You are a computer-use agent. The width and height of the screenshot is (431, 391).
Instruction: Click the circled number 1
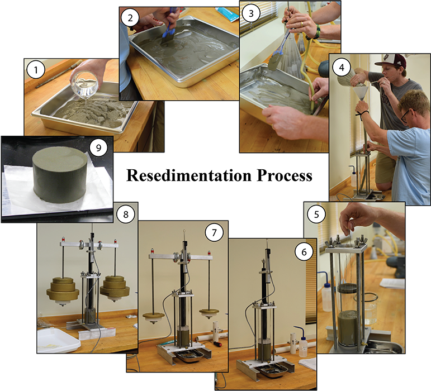(36, 70)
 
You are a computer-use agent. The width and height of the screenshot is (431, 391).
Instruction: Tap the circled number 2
(130, 18)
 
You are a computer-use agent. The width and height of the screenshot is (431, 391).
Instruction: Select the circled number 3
(251, 13)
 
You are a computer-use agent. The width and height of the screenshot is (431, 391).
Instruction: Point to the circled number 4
(342, 67)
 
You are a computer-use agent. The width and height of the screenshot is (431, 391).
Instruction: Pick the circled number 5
(316, 214)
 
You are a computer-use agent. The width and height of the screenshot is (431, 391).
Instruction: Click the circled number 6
(304, 252)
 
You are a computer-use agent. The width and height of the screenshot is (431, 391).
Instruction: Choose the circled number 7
(214, 233)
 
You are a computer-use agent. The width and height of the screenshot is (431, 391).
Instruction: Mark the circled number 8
(126, 214)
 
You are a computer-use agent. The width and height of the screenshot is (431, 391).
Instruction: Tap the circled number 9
(99, 147)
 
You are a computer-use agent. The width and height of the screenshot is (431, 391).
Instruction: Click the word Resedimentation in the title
(189, 175)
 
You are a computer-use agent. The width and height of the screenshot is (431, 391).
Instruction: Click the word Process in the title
(285, 175)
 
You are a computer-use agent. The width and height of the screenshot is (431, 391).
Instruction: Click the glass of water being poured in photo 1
(84, 84)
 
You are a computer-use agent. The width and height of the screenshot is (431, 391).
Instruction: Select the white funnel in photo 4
(360, 94)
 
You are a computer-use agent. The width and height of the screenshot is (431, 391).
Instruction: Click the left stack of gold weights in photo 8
(63, 289)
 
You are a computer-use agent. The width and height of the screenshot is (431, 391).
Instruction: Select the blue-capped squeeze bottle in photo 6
(302, 342)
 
